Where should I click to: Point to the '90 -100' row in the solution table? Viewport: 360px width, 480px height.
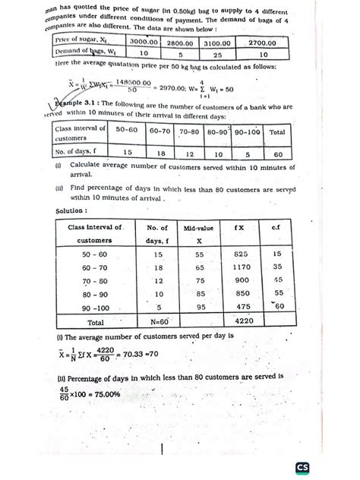tap(92, 307)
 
